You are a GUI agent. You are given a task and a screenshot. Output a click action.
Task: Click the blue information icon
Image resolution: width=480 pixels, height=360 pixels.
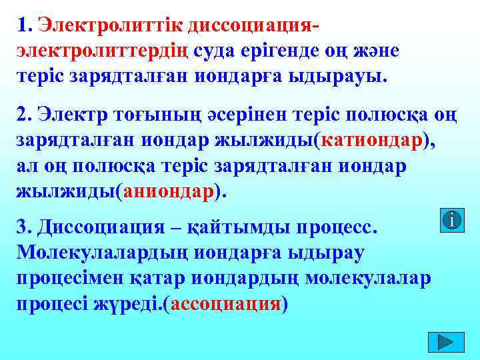pyautogui.click(x=453, y=220)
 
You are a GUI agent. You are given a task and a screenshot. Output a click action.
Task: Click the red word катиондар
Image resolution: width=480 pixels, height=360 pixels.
pyautogui.click(x=375, y=141)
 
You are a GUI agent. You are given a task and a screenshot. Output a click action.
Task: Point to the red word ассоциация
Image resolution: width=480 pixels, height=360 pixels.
pyautogui.click(x=227, y=303)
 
